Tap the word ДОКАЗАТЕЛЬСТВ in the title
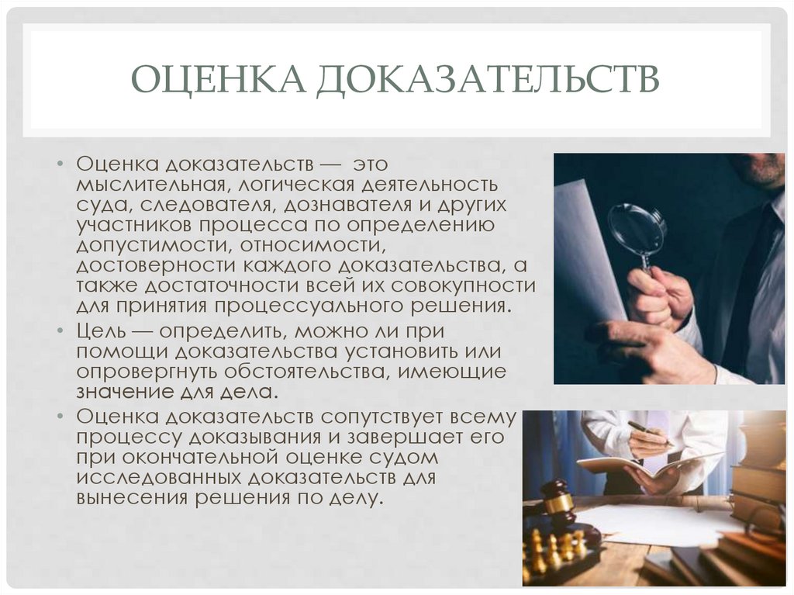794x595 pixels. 486,80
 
